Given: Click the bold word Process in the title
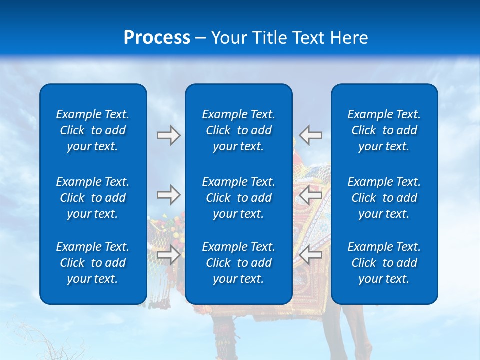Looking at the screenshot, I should coord(157,38).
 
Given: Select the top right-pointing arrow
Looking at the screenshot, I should coord(168,135).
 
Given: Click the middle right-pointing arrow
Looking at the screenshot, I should coord(168,195).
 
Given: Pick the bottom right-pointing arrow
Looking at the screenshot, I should coord(168,255).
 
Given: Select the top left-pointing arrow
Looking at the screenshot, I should coord(310,135).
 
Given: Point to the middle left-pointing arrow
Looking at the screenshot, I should coord(310,195).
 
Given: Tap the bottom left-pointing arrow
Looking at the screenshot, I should coord(310,255).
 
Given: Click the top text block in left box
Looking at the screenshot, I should coord(93,130).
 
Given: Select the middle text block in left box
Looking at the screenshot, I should coord(93,198).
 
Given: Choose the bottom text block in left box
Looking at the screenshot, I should coord(93,263).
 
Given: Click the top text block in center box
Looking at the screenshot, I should coord(238,130).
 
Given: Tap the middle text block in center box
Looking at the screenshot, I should coord(238,198).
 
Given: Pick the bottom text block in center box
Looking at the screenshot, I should coord(238,263).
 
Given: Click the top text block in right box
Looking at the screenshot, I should coord(384,130).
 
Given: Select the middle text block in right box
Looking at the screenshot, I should coord(384,198).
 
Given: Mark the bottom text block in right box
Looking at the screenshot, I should coord(384,263).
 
